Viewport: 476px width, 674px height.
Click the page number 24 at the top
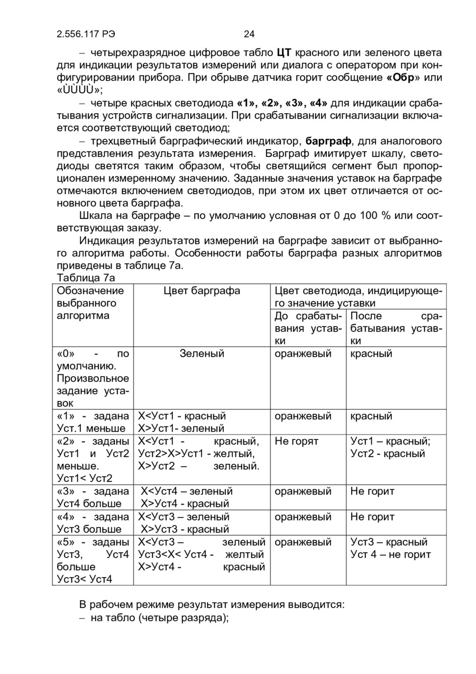point(249,34)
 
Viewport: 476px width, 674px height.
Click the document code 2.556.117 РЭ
point(86,34)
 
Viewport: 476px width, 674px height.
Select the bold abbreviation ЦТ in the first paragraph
point(284,53)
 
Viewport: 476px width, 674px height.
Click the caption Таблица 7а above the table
point(86,278)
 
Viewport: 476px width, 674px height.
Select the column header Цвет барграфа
point(202,291)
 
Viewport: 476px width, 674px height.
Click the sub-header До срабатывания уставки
point(307,328)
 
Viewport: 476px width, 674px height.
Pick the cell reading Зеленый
point(202,353)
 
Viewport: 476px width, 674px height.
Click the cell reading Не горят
point(297,441)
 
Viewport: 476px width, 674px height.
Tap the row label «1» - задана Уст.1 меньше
point(93,422)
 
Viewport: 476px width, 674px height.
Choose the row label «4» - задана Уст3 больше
point(93,523)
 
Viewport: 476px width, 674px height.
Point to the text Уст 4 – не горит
point(391,554)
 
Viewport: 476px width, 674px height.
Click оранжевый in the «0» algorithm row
point(303,353)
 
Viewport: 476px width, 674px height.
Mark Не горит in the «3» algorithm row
point(372,491)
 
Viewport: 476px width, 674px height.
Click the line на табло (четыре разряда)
point(159,618)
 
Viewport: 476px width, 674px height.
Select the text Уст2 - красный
point(388,453)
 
